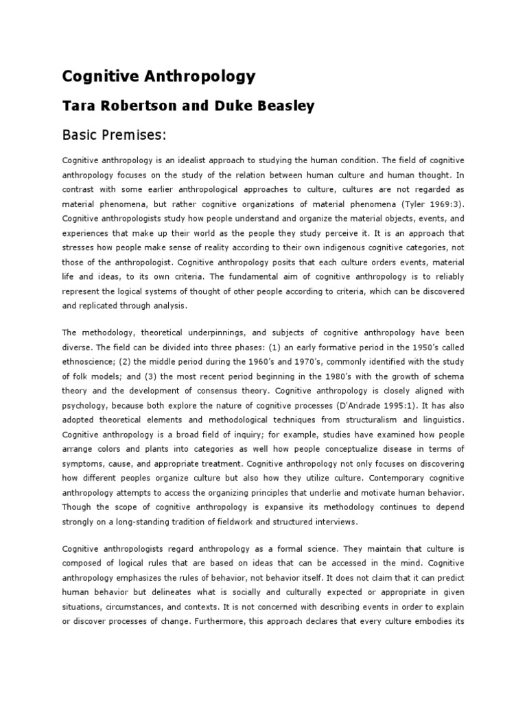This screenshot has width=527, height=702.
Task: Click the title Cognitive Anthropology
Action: (159, 77)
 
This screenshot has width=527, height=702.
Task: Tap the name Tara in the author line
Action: (81, 106)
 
